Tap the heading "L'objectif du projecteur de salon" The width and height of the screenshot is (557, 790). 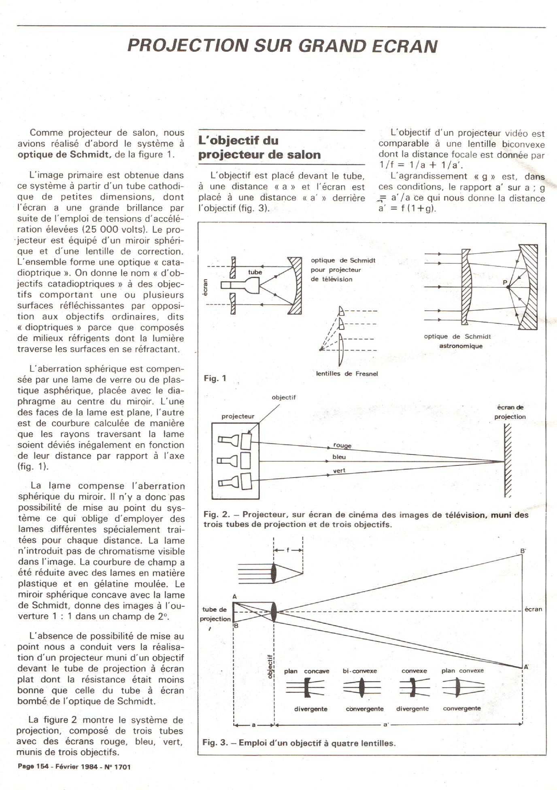259,148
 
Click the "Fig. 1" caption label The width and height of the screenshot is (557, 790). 215,378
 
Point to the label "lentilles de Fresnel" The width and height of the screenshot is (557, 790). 347,374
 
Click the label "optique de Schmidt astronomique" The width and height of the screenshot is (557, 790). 457,341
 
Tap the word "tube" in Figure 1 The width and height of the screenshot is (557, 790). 255,272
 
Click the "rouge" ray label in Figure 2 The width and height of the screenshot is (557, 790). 342,445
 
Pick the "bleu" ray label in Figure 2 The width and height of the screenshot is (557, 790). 339,457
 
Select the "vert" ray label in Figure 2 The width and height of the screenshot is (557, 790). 339,471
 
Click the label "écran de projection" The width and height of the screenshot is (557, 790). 510,412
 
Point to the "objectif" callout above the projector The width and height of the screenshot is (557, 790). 284,397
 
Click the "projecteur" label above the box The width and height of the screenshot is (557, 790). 238,416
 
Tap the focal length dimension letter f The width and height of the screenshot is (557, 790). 288,550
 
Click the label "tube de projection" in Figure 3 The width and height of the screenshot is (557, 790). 215,614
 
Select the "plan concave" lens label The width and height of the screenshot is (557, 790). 306,671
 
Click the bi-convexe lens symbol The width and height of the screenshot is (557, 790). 361,688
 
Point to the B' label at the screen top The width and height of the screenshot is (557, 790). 523,551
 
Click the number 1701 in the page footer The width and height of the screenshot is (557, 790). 123,767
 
